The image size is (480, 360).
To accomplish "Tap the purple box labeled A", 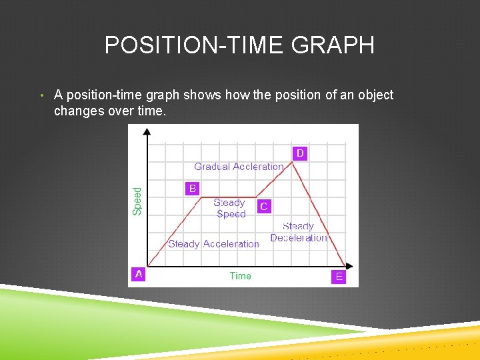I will pyautogui.click(x=139, y=274).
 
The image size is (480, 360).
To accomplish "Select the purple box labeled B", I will pyautogui.click(x=193, y=189).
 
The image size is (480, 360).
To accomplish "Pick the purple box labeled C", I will pyautogui.click(x=264, y=207).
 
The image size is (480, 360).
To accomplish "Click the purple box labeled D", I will pyautogui.click(x=300, y=153).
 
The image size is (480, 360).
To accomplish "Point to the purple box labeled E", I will pyautogui.click(x=339, y=277).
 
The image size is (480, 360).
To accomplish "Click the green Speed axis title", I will pyautogui.click(x=137, y=201).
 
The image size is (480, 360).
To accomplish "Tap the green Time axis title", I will pyautogui.click(x=240, y=276).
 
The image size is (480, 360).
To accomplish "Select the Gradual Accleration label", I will pyautogui.click(x=239, y=167).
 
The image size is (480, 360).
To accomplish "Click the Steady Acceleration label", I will pyautogui.click(x=213, y=244).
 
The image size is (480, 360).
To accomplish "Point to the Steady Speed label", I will pyautogui.click(x=231, y=209).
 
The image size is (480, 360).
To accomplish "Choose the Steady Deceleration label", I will pyautogui.click(x=298, y=232).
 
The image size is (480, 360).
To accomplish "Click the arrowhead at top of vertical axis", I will pyautogui.click(x=147, y=131).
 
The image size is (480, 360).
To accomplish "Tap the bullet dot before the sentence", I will pyautogui.click(x=41, y=95).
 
